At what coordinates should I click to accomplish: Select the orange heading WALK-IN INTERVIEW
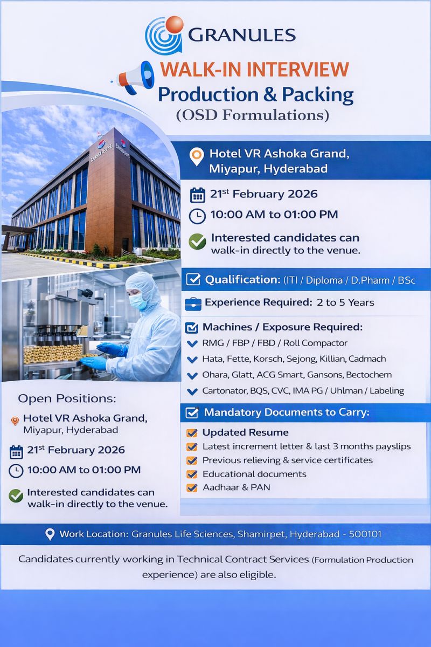tap(255, 70)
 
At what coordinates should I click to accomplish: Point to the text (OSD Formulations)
tap(252, 115)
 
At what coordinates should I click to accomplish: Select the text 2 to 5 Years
tap(345, 302)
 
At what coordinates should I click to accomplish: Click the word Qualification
tap(241, 280)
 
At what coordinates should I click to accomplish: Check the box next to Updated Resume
tap(191, 433)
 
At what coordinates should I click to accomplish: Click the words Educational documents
tap(254, 474)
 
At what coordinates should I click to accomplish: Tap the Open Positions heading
tap(67, 398)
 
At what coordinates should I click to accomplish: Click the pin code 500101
tap(365, 534)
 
